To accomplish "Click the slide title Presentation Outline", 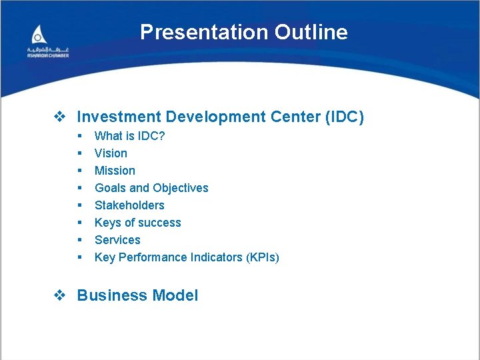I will pyautogui.click(x=243, y=32).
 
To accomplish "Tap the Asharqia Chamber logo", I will pyautogui.click(x=47, y=42).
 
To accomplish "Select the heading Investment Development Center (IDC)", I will pyautogui.click(x=220, y=117).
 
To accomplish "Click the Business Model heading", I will pyautogui.click(x=137, y=295).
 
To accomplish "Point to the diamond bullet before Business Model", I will pyautogui.click(x=59, y=295).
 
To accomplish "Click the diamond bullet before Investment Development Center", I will pyautogui.click(x=59, y=117).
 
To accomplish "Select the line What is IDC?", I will pyautogui.click(x=129, y=136).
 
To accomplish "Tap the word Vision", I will pyautogui.click(x=111, y=153).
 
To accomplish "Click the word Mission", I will pyautogui.click(x=115, y=171).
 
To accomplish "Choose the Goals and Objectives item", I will pyautogui.click(x=151, y=188).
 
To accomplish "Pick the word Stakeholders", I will pyautogui.click(x=129, y=205).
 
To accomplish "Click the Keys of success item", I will pyautogui.click(x=137, y=223).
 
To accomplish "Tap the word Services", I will pyautogui.click(x=117, y=240).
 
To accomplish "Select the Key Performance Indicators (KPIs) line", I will pyautogui.click(x=187, y=257).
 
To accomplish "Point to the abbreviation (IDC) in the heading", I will pyautogui.click(x=344, y=117).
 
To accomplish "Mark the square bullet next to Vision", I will pyautogui.click(x=79, y=153).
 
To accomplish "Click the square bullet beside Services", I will pyautogui.click(x=79, y=240).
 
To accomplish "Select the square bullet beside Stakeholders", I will pyautogui.click(x=79, y=205).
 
